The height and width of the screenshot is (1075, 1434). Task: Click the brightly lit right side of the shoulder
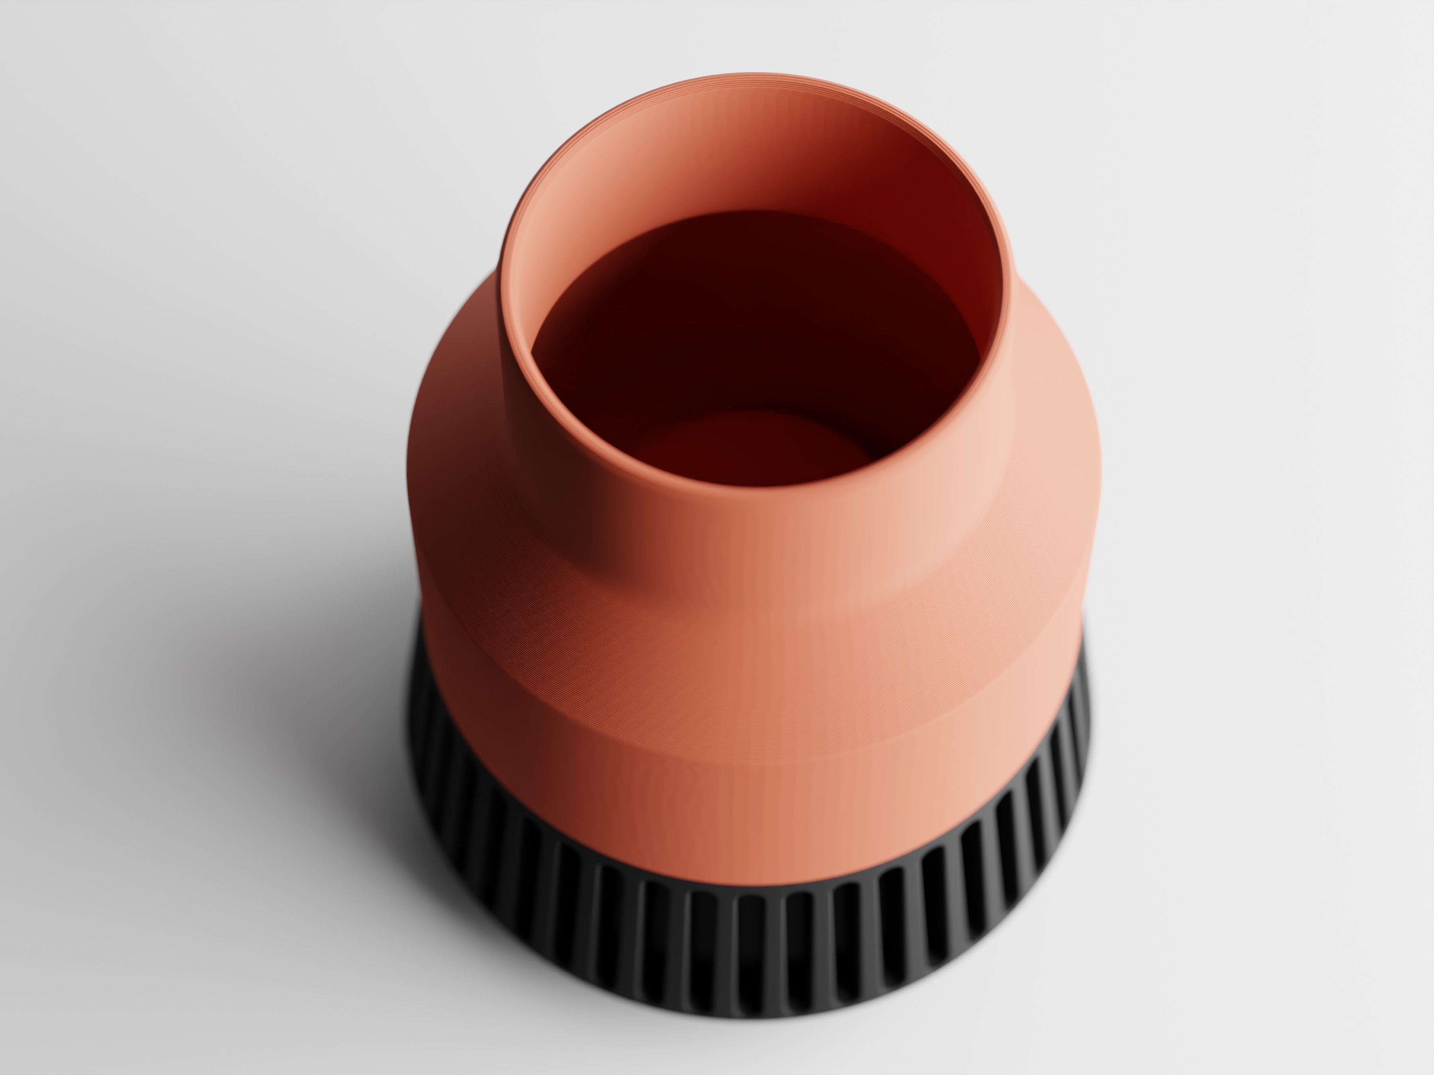(x=1050, y=453)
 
